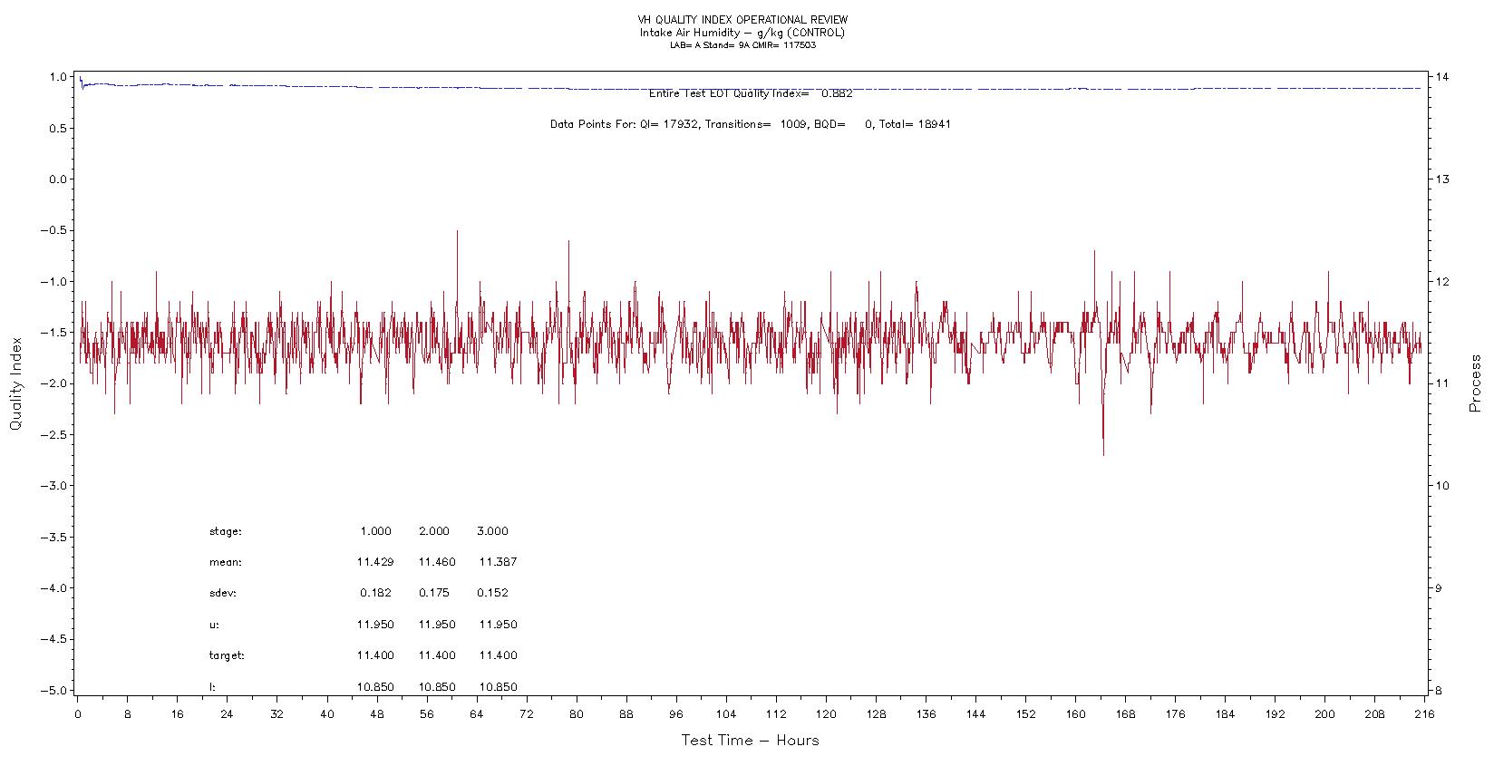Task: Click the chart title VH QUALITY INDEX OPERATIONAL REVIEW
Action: pyautogui.click(x=742, y=20)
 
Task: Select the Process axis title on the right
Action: pyautogui.click(x=1476, y=383)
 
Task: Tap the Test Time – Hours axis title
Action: pyautogui.click(x=750, y=741)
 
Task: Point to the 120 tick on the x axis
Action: pyautogui.click(x=825, y=714)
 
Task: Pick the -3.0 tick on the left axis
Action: pyautogui.click(x=53, y=485)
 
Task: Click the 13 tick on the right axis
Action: pyautogui.click(x=1440, y=179)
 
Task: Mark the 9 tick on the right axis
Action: pyautogui.click(x=1437, y=587)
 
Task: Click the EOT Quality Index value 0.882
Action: pyautogui.click(x=837, y=93)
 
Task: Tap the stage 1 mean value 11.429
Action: pyautogui.click(x=374, y=562)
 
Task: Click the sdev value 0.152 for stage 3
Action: pyautogui.click(x=492, y=593)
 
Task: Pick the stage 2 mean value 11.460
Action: pyautogui.click(x=436, y=562)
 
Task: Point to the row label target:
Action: pyautogui.click(x=227, y=655)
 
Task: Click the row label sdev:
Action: pyautogui.click(x=223, y=593)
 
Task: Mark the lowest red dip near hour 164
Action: pyautogui.click(x=1103, y=454)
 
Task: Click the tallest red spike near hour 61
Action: pyautogui.click(x=457, y=231)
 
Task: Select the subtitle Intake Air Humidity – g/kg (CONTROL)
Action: pyautogui.click(x=742, y=33)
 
